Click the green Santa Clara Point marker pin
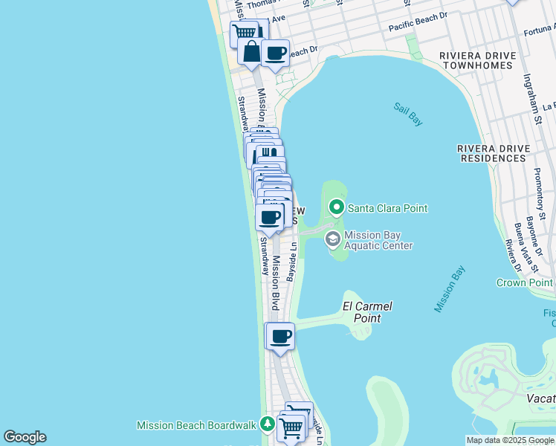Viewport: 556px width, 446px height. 337,207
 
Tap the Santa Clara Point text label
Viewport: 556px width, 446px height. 387,208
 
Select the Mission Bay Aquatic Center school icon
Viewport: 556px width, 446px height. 332,239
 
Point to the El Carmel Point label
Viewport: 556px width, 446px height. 367,312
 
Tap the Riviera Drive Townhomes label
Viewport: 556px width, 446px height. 476,60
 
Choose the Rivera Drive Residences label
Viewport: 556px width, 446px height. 494,153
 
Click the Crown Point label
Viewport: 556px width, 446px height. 525,282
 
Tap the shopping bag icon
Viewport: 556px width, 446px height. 251,51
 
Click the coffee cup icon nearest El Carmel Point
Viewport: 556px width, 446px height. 280,336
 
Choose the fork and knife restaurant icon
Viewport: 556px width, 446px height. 268,155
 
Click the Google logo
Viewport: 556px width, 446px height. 25,437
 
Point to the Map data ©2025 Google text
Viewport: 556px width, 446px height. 509,440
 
